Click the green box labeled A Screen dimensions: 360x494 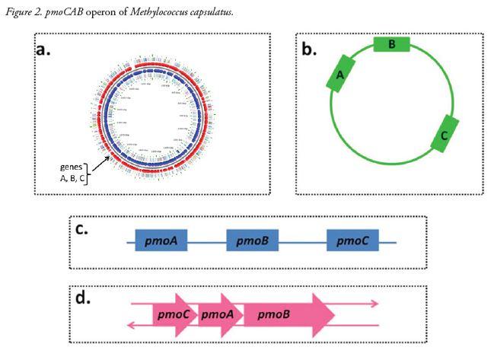click(x=341, y=74)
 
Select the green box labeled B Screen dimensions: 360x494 click(x=391, y=45)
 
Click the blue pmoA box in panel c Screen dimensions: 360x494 click(x=161, y=241)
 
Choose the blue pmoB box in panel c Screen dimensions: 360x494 click(x=252, y=241)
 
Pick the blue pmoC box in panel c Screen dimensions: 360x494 click(x=352, y=241)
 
